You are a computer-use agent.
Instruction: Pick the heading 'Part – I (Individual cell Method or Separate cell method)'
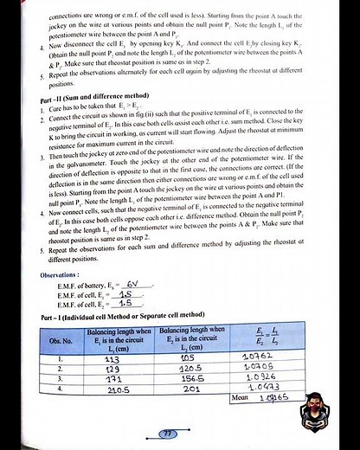(121, 315)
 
